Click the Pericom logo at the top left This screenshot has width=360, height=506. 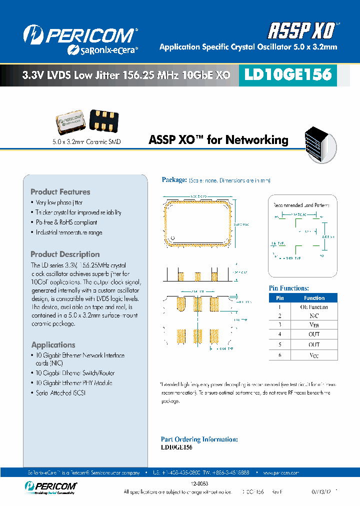80,38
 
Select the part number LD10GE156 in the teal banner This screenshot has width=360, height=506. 287,75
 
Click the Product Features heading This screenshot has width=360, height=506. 60,192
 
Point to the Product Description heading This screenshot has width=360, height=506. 65,254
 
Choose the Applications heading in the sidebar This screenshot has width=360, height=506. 53,345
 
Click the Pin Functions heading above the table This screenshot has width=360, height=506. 289,288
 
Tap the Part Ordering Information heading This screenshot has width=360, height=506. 199,439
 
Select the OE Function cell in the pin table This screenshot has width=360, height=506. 314,307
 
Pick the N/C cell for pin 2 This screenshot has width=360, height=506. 314,316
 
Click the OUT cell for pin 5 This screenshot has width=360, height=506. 314,344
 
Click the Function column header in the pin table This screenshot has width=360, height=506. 314,298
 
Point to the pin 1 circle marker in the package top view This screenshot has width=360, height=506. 173,237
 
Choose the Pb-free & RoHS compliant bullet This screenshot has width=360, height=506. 66,222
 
